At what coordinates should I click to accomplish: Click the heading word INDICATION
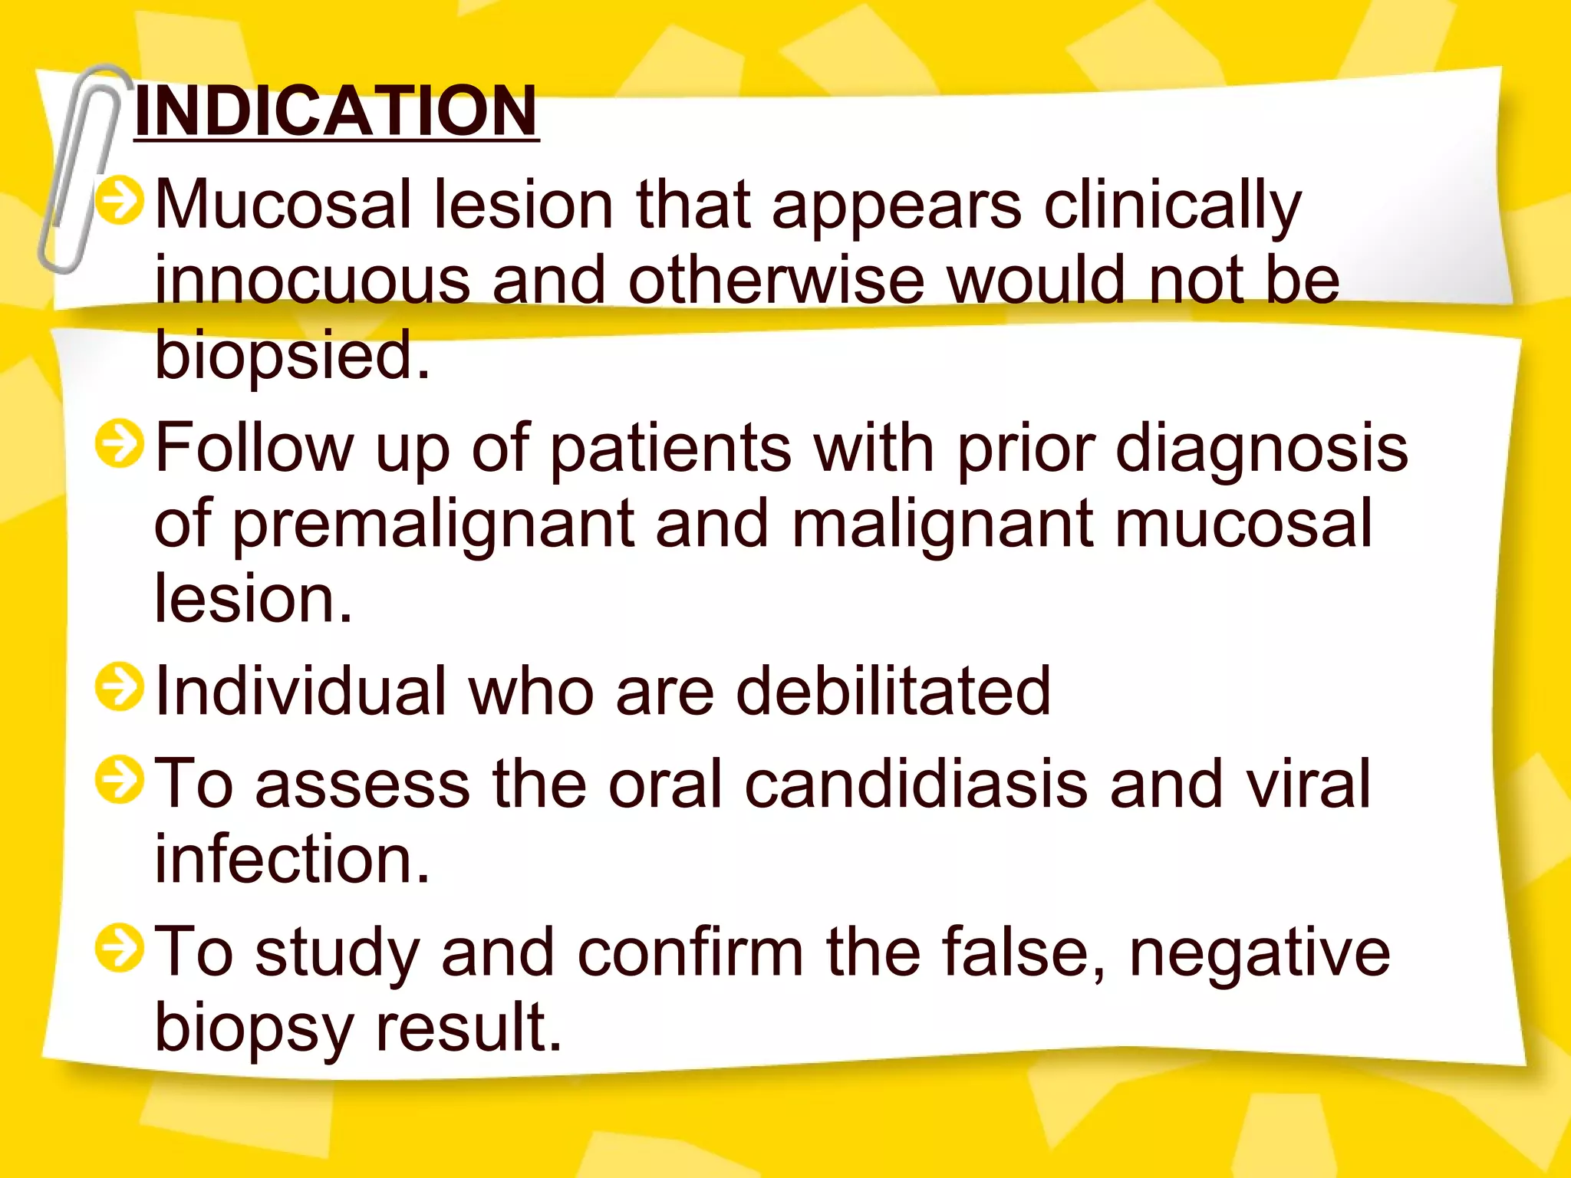pyautogui.click(x=336, y=111)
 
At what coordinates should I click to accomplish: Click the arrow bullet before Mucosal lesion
pyautogui.click(x=120, y=201)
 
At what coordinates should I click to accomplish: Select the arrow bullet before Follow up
pyautogui.click(x=120, y=444)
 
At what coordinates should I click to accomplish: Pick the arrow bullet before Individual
pyautogui.click(x=120, y=687)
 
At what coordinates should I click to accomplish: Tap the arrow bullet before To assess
pyautogui.click(x=120, y=780)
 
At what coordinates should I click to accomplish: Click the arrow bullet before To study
pyautogui.click(x=120, y=948)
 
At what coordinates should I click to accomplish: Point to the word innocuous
pyautogui.click(x=312, y=281)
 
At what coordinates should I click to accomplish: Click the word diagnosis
pyautogui.click(x=1261, y=449)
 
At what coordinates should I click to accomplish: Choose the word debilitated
pyautogui.click(x=893, y=692)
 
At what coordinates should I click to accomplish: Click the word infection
pyautogui.click(x=291, y=859)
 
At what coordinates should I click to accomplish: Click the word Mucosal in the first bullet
pyautogui.click(x=284, y=206)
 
